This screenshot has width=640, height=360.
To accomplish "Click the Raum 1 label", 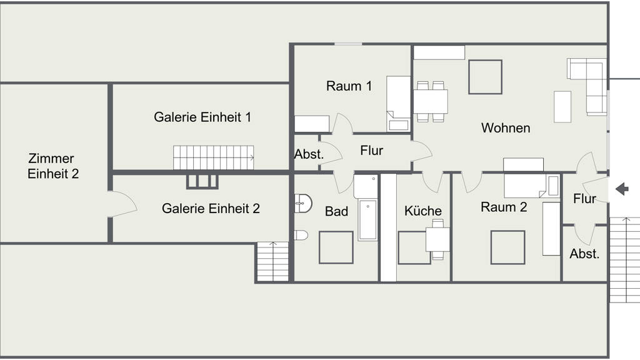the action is [349, 86].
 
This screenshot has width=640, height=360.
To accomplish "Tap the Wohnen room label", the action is [506, 127].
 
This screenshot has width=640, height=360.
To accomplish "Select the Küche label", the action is [423, 211].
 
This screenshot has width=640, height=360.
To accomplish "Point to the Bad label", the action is [336, 211].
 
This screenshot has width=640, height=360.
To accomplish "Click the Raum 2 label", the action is [504, 207].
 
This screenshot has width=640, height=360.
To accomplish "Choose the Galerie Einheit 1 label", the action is [202, 117].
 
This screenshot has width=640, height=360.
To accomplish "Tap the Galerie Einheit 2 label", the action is [211, 209].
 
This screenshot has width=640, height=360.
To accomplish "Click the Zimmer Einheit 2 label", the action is [53, 166].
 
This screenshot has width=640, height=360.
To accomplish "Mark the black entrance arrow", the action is [622, 189].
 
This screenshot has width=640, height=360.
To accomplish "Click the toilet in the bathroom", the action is [301, 235].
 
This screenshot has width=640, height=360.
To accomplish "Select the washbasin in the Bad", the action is [303, 203].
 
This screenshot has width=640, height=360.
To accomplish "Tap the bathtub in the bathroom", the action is [367, 220].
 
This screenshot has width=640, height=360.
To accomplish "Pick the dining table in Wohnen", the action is [431, 102].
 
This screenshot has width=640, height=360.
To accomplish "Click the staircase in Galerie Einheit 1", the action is [214, 157].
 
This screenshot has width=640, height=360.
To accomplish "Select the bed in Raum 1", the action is [398, 104].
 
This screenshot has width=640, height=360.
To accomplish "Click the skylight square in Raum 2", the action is [507, 247].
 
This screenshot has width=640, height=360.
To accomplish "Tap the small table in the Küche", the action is [437, 239].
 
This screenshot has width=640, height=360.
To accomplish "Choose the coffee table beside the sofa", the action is [562, 106].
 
